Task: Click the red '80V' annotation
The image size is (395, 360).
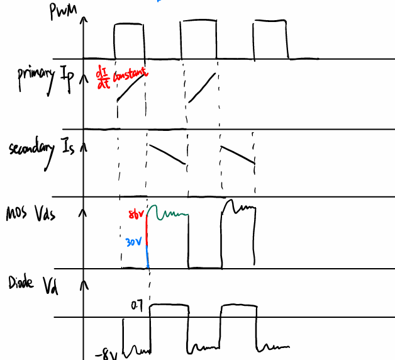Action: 136,215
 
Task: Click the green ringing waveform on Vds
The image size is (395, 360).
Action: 169,214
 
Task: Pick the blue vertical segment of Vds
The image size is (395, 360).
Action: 147,256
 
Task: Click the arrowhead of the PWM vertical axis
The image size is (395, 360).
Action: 83,18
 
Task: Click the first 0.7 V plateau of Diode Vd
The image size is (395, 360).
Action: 169,305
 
